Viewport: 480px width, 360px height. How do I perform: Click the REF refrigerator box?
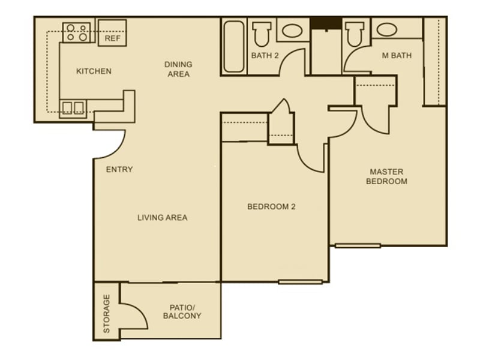(112, 33)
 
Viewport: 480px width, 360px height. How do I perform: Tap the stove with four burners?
(77, 32)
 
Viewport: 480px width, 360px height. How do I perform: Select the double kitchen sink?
(73, 107)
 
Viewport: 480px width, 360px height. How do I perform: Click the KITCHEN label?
(94, 71)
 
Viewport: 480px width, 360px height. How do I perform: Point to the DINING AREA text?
(178, 70)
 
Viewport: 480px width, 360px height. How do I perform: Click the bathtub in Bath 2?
(233, 47)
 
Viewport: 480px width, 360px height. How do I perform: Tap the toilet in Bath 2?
(262, 34)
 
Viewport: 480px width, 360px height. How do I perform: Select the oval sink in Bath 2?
(292, 31)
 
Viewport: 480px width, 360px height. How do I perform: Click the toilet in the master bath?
(355, 34)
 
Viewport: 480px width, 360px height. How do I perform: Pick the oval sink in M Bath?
(386, 29)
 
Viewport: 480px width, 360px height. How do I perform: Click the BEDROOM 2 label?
(272, 207)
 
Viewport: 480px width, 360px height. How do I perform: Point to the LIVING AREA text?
(162, 217)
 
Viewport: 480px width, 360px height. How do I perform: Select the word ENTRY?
(119, 170)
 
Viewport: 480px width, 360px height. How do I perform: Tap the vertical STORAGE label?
(107, 313)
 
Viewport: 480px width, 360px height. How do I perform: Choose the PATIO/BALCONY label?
(182, 311)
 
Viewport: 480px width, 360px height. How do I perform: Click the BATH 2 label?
(265, 56)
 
